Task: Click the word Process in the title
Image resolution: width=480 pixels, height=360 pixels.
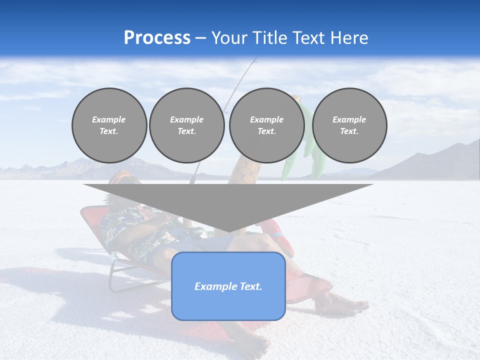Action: (x=157, y=38)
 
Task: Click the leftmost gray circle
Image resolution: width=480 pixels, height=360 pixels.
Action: (x=109, y=125)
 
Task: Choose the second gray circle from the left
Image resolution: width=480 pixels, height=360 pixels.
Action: (x=186, y=125)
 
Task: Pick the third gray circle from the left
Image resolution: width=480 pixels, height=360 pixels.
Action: (x=266, y=125)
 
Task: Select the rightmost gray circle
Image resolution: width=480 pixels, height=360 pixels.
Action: (x=349, y=125)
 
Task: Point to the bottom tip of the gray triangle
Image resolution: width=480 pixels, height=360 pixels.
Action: (x=228, y=231)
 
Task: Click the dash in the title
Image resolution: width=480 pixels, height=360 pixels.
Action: (x=200, y=38)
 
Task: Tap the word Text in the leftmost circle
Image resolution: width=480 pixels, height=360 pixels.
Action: (x=109, y=131)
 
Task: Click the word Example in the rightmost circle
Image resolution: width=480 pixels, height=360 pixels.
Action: (x=349, y=119)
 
